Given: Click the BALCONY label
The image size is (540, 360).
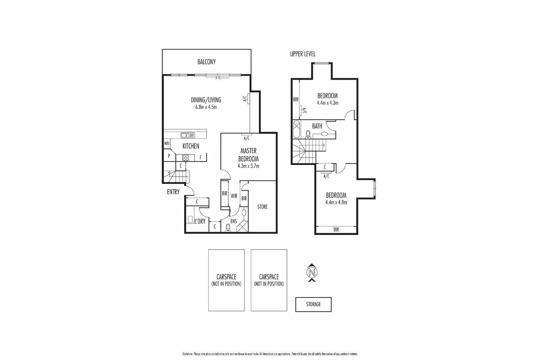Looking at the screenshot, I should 207,62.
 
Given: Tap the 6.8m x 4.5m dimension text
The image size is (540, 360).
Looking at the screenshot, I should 206,107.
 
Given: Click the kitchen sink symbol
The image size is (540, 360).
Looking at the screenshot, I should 188,135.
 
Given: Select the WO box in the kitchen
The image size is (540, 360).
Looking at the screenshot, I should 167,144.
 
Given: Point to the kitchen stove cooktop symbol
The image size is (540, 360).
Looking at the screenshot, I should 186,158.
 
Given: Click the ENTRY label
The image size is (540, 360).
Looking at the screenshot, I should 173,192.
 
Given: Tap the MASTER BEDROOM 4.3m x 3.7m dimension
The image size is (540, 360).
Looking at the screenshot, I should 248,166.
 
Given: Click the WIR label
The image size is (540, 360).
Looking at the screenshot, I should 234,196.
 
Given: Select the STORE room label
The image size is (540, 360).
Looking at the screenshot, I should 262,207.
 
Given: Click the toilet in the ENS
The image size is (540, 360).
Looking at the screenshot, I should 228,227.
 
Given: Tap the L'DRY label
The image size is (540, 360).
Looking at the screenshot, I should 200,221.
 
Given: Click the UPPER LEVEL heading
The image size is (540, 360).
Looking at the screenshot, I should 303,54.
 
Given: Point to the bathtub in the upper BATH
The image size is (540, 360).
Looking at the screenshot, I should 297,129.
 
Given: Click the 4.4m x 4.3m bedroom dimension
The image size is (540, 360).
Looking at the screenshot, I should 327,103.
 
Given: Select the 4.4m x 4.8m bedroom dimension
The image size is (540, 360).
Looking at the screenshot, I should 336,202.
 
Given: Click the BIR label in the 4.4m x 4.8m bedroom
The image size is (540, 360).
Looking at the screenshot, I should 336,230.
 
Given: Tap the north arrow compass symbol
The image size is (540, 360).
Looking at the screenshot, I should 312,272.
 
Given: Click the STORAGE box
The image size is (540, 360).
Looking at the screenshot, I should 313,304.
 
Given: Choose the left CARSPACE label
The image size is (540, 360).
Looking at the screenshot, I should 226,277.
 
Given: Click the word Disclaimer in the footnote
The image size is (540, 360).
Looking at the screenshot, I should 187,354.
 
